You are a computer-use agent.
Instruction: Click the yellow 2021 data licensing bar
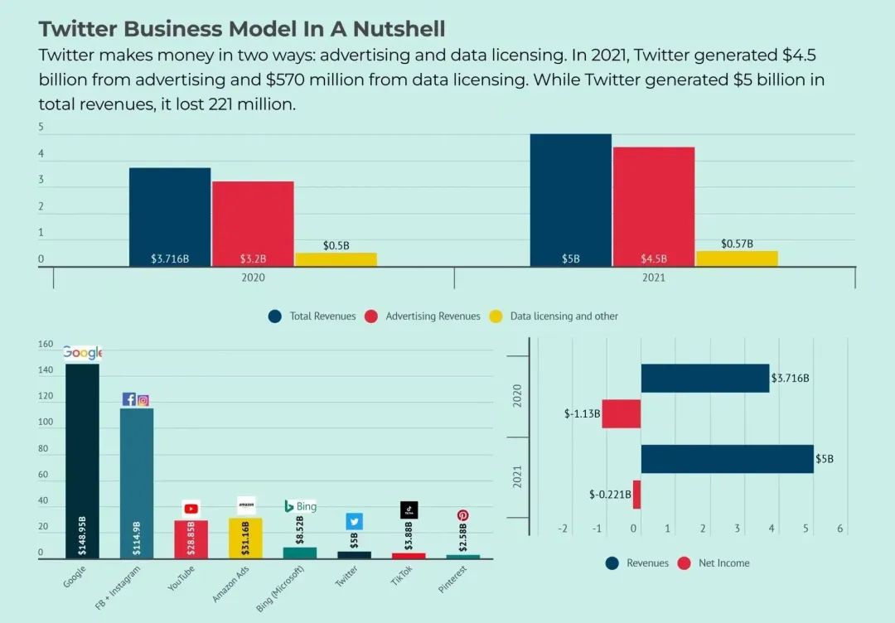point(737,258)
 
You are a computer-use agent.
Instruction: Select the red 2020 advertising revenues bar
point(253,223)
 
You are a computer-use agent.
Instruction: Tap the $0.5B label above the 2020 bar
point(336,246)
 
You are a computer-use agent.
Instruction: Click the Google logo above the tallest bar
point(82,353)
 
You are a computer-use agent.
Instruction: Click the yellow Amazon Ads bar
point(246,538)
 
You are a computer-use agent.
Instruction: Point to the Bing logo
point(300,506)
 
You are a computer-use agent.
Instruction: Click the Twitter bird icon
point(355,521)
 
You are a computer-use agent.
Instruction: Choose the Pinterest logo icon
point(463,514)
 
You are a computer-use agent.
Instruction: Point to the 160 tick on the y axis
point(46,345)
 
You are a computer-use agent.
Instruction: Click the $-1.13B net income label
point(582,413)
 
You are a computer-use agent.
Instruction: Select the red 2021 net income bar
point(636,495)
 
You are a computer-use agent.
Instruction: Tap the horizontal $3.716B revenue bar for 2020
point(704,379)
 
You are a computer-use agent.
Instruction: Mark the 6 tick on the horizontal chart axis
point(840,529)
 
